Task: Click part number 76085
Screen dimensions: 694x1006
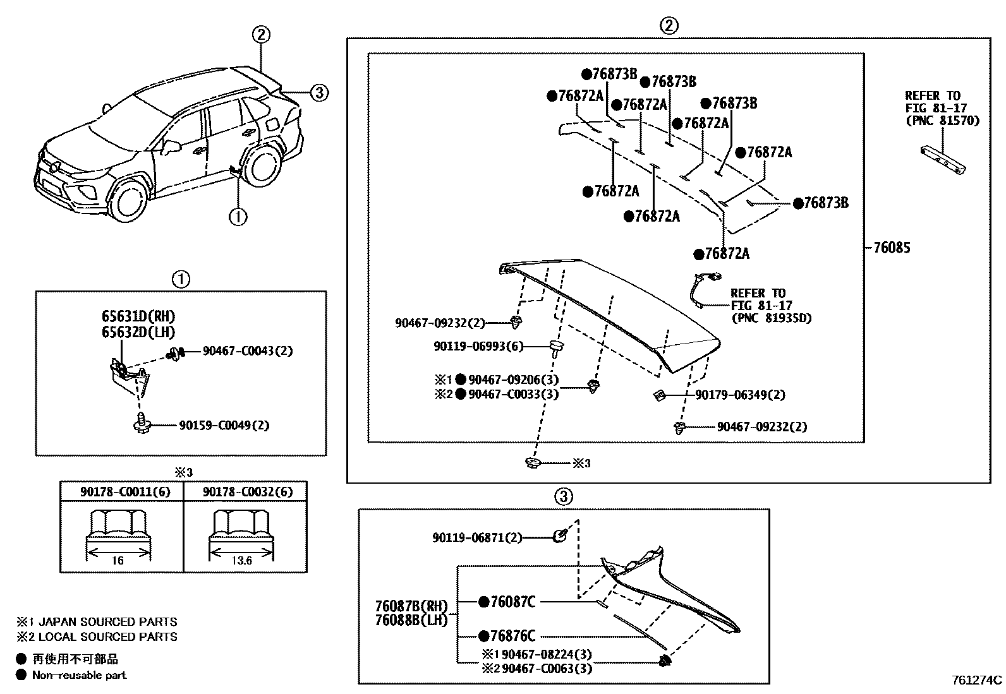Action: coord(892,248)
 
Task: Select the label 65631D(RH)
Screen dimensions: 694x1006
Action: coord(138,316)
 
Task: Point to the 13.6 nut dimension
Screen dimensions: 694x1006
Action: coord(242,560)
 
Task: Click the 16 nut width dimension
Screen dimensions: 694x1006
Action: coord(118,560)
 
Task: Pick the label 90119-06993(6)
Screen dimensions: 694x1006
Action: coord(478,346)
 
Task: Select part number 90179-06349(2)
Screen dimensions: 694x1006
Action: coord(740,395)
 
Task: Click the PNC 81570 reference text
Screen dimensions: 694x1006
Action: coord(942,120)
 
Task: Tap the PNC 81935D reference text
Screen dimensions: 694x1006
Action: coord(771,318)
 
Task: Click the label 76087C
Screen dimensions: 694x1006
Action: coord(512,602)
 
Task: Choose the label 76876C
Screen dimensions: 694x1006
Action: coord(512,636)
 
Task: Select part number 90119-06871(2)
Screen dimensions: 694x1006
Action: coord(477,537)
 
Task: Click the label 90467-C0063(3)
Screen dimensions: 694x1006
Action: coord(547,668)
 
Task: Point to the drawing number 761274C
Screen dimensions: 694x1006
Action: coord(977,680)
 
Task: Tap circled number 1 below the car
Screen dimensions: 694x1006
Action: coord(238,217)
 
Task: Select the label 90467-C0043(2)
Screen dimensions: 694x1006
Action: coord(248,351)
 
